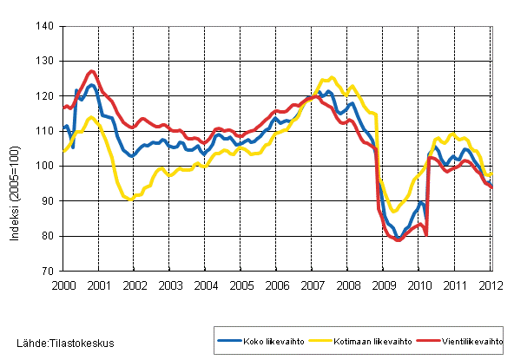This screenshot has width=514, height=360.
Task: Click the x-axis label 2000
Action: [x=63, y=285]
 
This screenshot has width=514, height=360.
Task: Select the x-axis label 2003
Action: [x=169, y=285]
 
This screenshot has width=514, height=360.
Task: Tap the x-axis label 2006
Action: [x=276, y=285]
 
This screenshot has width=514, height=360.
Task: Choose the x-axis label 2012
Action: [x=491, y=285]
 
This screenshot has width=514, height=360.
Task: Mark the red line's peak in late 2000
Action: [x=92, y=71]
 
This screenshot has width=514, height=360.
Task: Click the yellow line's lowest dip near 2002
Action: [x=129, y=199]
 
